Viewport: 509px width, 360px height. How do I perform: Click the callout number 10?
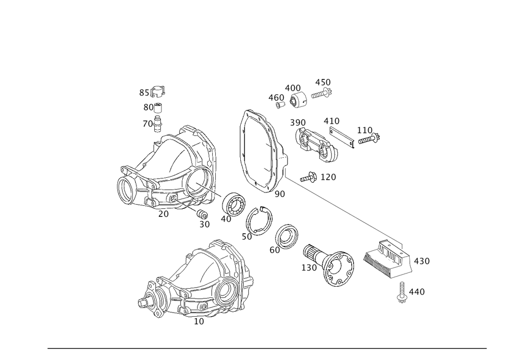(x=199, y=322)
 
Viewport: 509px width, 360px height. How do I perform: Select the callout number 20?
(x=163, y=214)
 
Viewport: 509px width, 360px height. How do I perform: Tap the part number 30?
(x=204, y=224)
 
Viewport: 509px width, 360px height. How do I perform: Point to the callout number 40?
(x=226, y=218)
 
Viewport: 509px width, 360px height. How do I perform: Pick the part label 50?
(x=247, y=237)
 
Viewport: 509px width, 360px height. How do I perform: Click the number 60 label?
(x=275, y=250)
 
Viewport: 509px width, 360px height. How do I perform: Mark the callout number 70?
(x=148, y=124)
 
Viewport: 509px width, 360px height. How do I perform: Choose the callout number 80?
(x=148, y=107)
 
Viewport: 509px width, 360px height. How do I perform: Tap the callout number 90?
(x=279, y=194)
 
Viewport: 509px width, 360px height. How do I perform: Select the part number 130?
(x=309, y=267)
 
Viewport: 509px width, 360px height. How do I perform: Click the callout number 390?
(x=298, y=123)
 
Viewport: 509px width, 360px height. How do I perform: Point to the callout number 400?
(x=293, y=88)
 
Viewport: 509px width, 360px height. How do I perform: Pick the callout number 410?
(x=331, y=121)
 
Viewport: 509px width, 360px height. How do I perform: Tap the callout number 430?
(x=422, y=261)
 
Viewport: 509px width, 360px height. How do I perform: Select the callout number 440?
(x=417, y=292)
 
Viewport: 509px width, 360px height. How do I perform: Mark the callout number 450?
(x=323, y=82)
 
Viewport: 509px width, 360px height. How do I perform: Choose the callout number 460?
(x=276, y=97)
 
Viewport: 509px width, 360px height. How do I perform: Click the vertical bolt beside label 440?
(x=402, y=293)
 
